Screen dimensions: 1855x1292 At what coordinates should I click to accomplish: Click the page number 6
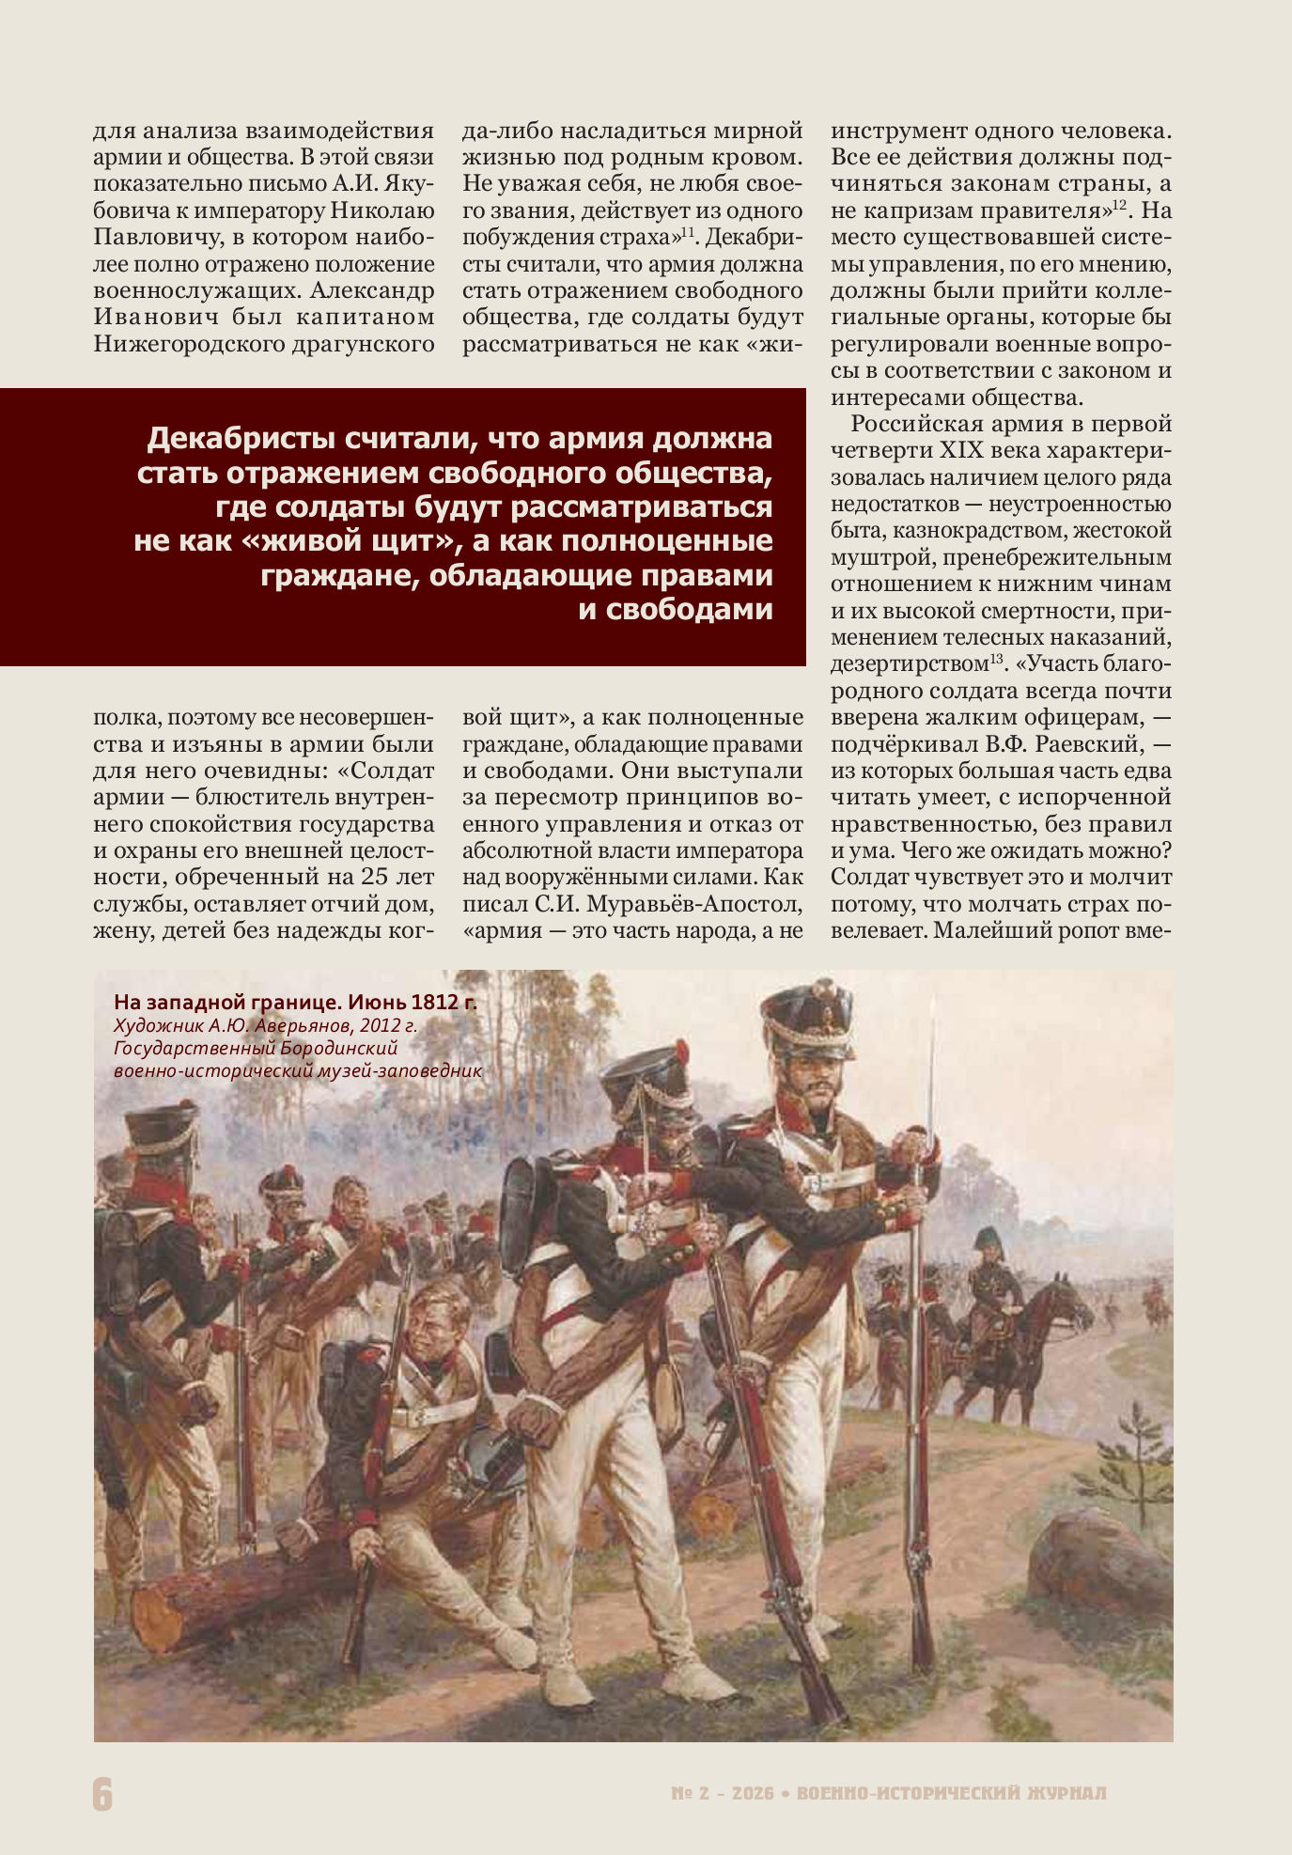pyautogui.click(x=102, y=1793)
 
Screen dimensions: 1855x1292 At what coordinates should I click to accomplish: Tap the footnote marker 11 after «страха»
pyautogui.click(x=688, y=231)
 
